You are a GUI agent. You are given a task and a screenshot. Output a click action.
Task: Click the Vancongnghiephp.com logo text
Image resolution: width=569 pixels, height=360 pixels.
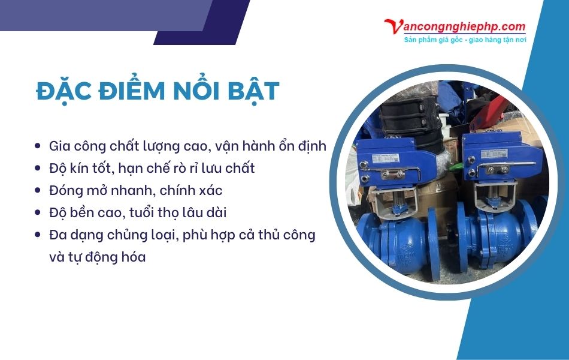[455, 27]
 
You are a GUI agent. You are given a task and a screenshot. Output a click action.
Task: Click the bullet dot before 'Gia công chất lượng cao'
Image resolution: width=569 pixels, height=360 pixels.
[38, 146]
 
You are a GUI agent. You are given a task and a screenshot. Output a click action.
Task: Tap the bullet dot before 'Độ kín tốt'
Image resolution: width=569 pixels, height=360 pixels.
[38, 168]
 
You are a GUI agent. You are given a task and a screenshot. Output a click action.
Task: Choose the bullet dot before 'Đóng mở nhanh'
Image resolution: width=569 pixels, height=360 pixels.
[38, 191]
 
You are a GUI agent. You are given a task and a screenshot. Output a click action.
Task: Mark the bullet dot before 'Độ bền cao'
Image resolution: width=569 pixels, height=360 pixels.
[38, 213]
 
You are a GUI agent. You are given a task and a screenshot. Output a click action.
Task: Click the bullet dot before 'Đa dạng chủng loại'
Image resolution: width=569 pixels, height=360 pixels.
[38, 235]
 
